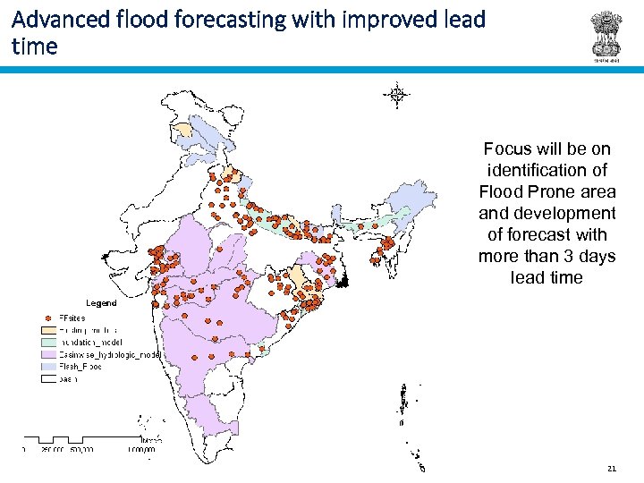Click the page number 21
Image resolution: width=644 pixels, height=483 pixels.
(x=612, y=468)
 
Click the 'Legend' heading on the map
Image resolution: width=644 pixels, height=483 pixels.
(x=101, y=302)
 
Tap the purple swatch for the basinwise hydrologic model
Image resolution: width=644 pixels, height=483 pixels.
(x=47, y=354)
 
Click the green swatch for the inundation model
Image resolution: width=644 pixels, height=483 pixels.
(x=47, y=342)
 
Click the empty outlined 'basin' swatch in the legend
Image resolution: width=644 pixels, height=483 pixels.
(x=47, y=379)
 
